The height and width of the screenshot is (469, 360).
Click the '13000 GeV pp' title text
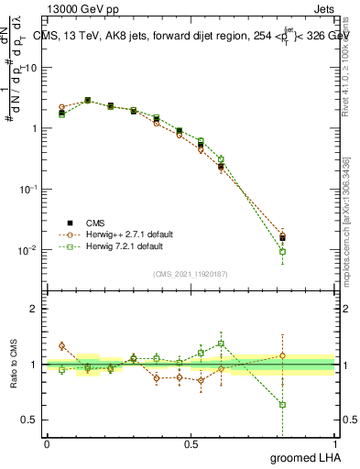pyautogui.click(x=82, y=8)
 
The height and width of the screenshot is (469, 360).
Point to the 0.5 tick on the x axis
pyautogui.click(x=191, y=444)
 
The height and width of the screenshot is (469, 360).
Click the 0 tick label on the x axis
pyautogui.click(x=47, y=444)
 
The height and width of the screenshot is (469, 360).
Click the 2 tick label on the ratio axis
pyautogui.click(x=35, y=309)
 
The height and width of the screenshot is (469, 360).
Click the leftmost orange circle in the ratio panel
pyautogui.click(x=61, y=346)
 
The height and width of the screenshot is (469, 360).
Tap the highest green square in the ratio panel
pyautogui.click(x=221, y=344)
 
